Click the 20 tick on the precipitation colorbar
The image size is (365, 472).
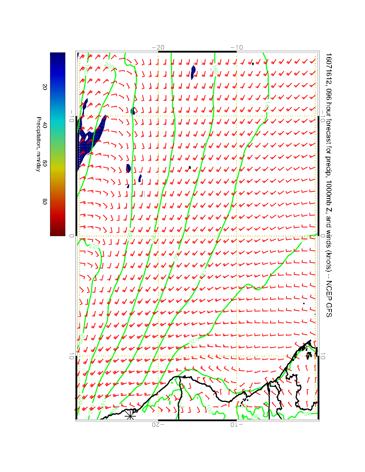click(x=45, y=87)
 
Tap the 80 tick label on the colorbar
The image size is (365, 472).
click(x=45, y=201)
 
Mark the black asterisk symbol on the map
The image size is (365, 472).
click(x=130, y=414)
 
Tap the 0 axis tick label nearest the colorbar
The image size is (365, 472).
click(x=71, y=236)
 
